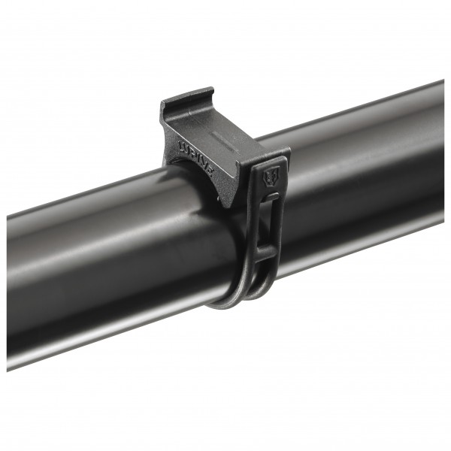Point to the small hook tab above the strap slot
coord(272,197)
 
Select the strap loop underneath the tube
coord(241,297)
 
